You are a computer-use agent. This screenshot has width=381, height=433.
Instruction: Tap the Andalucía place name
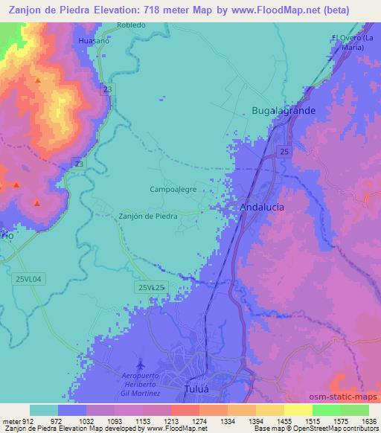click(262, 208)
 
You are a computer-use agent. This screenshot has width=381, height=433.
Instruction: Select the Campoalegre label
click(173, 190)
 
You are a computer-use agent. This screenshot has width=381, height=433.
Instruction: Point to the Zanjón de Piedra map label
click(148, 216)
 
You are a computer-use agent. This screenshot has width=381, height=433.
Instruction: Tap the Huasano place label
click(93, 42)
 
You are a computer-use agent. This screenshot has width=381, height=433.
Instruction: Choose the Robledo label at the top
click(131, 25)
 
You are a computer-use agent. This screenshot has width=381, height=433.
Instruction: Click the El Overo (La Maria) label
click(348, 42)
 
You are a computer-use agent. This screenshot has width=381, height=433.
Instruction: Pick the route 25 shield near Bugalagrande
click(285, 152)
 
